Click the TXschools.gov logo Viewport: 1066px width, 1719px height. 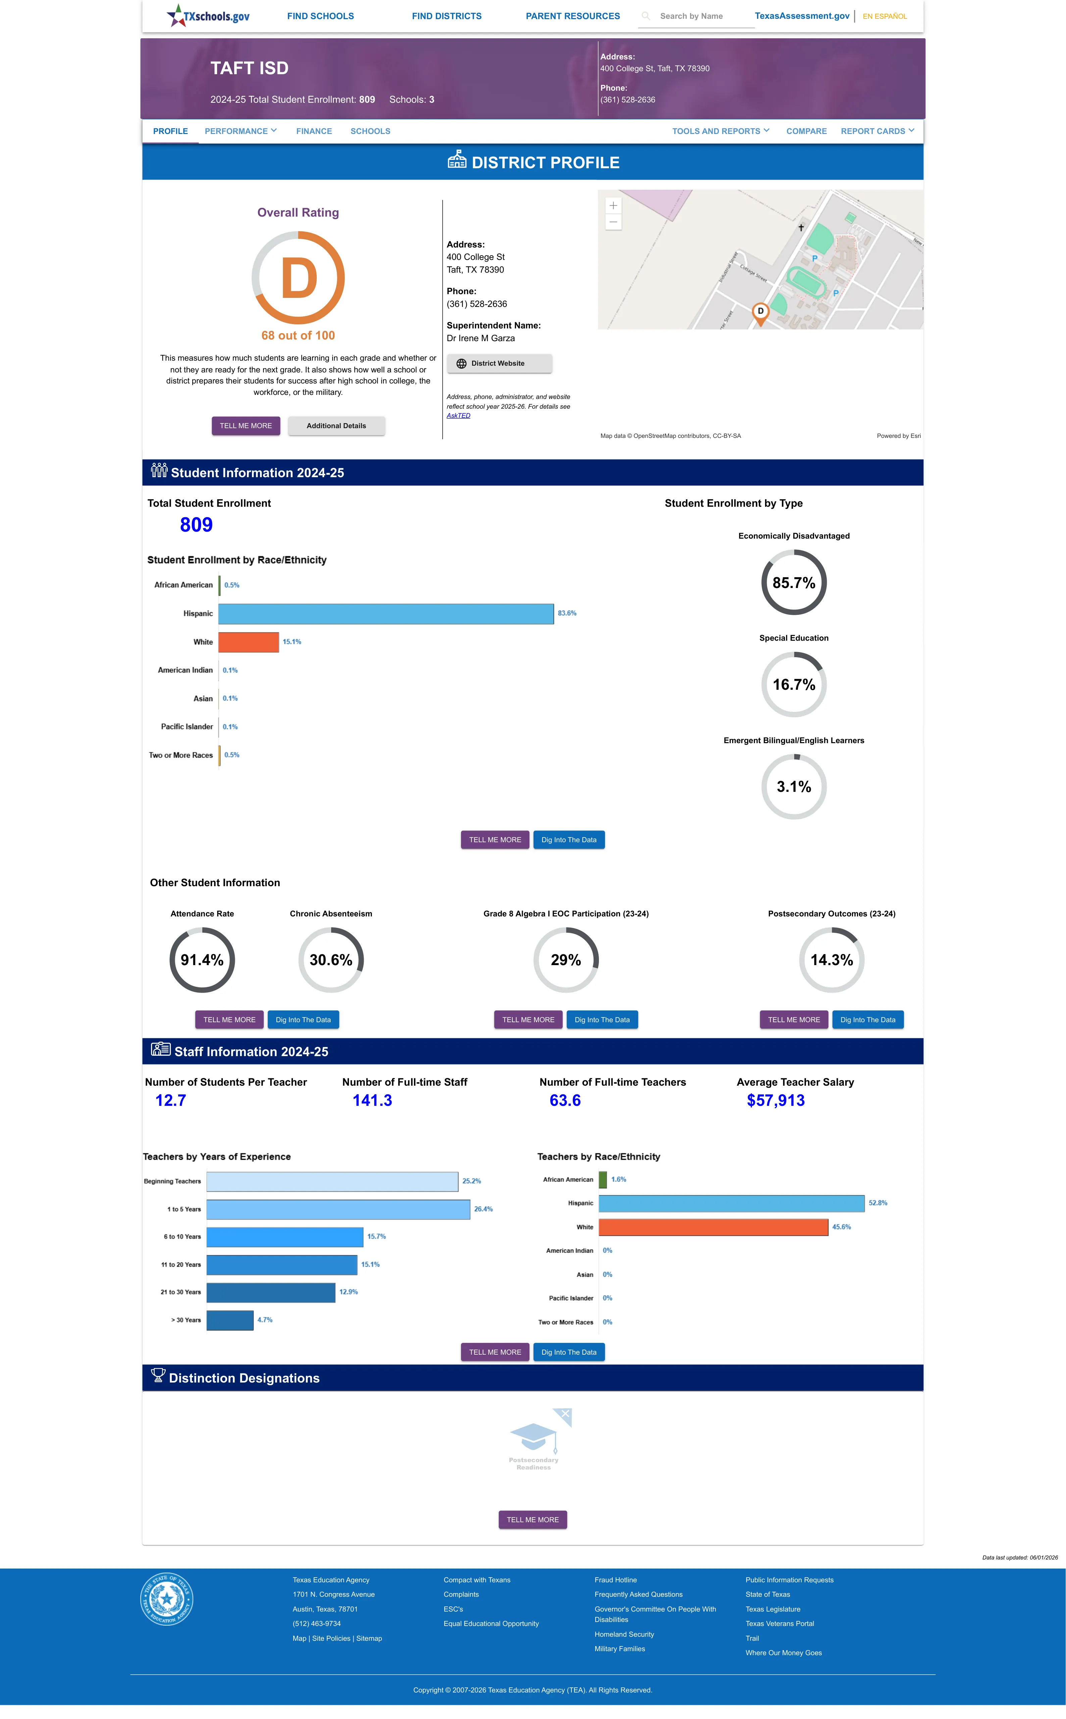(208, 15)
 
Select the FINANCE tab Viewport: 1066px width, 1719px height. (314, 131)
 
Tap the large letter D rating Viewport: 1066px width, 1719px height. (299, 279)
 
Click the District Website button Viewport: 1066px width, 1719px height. (499, 363)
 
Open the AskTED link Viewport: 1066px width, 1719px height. (458, 415)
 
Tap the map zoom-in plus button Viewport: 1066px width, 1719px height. (613, 205)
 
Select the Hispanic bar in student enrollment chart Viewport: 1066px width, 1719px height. (386, 614)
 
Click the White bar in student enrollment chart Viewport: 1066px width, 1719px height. (248, 642)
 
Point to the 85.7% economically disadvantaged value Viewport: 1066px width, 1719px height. (794, 583)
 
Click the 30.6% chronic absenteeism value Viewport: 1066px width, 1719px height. (331, 960)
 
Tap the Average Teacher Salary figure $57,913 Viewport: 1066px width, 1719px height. (775, 1100)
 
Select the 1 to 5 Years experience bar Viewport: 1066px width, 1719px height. (339, 1209)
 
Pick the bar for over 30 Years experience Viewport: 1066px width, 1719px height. (230, 1320)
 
